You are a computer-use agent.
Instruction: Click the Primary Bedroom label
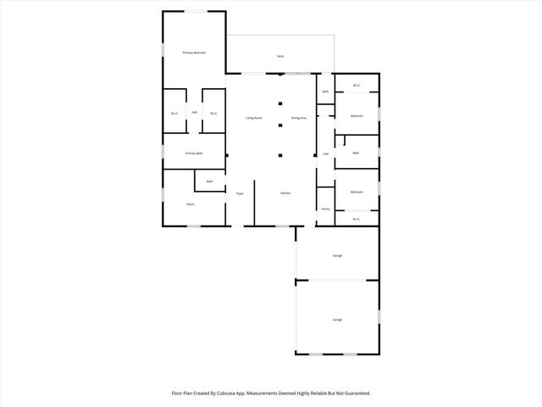point(195,53)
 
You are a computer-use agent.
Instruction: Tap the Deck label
point(280,56)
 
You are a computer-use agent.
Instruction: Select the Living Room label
point(253,118)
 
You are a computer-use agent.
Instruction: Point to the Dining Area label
point(299,118)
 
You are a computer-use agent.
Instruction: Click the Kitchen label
point(286,193)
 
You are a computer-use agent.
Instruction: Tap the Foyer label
point(240,193)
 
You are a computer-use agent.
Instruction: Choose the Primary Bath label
point(195,153)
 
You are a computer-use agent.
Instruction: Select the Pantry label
point(325,209)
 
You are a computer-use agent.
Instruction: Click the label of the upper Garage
point(337,255)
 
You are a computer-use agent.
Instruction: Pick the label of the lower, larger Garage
point(337,320)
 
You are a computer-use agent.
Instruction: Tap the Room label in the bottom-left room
point(191,204)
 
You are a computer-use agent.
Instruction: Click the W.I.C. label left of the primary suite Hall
point(174,113)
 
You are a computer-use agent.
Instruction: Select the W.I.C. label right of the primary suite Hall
point(213,113)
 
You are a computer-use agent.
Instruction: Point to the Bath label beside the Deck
point(325,91)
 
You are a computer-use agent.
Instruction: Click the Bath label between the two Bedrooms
point(356,153)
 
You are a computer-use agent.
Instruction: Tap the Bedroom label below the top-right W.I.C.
point(357,116)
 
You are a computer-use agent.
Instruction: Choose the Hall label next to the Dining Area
point(325,153)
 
